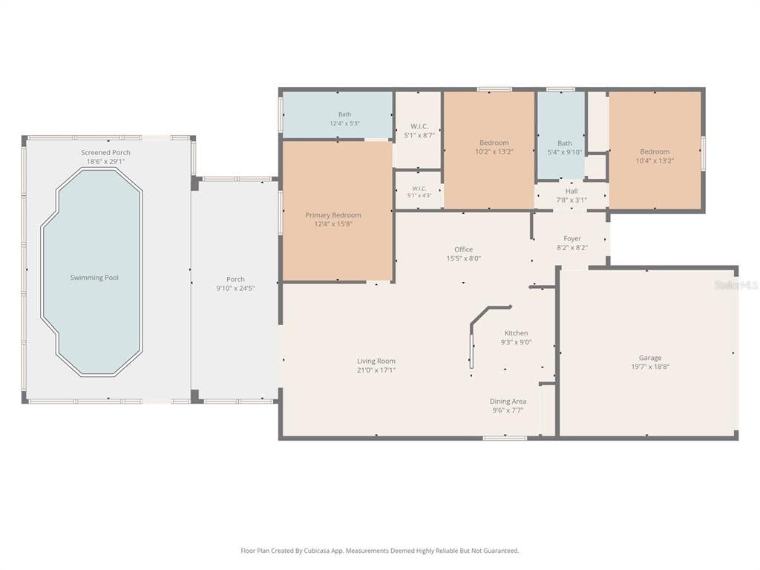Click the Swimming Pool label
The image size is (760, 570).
click(x=94, y=278)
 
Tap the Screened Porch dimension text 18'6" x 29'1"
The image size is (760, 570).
click(x=105, y=161)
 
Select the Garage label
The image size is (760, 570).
click(x=650, y=358)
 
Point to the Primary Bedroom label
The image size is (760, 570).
click(x=333, y=215)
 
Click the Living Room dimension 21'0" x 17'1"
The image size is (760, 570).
click(x=376, y=370)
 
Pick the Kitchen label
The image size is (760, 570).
click(x=517, y=333)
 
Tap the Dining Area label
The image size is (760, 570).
click(x=508, y=402)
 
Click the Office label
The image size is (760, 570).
click(x=463, y=249)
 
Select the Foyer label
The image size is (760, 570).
click(x=572, y=238)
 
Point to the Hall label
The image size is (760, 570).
click(x=571, y=191)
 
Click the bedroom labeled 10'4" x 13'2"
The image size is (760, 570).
click(x=655, y=151)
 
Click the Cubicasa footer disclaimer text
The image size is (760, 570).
click(x=380, y=551)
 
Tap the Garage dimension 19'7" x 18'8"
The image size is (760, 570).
click(x=650, y=367)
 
